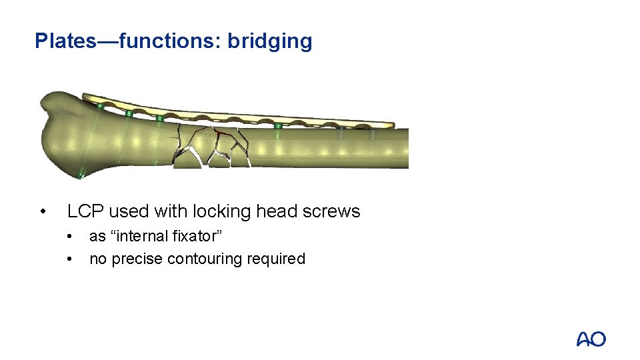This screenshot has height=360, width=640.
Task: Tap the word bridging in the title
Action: coord(269,41)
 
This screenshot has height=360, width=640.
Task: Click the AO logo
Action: coord(591,339)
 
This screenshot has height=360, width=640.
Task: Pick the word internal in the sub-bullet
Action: coord(143,237)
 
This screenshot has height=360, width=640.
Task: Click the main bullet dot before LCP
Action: coord(43,213)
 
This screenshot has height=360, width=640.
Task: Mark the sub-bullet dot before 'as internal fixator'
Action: coord(71,237)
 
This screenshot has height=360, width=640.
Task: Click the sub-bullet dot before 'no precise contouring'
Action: coord(71,259)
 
